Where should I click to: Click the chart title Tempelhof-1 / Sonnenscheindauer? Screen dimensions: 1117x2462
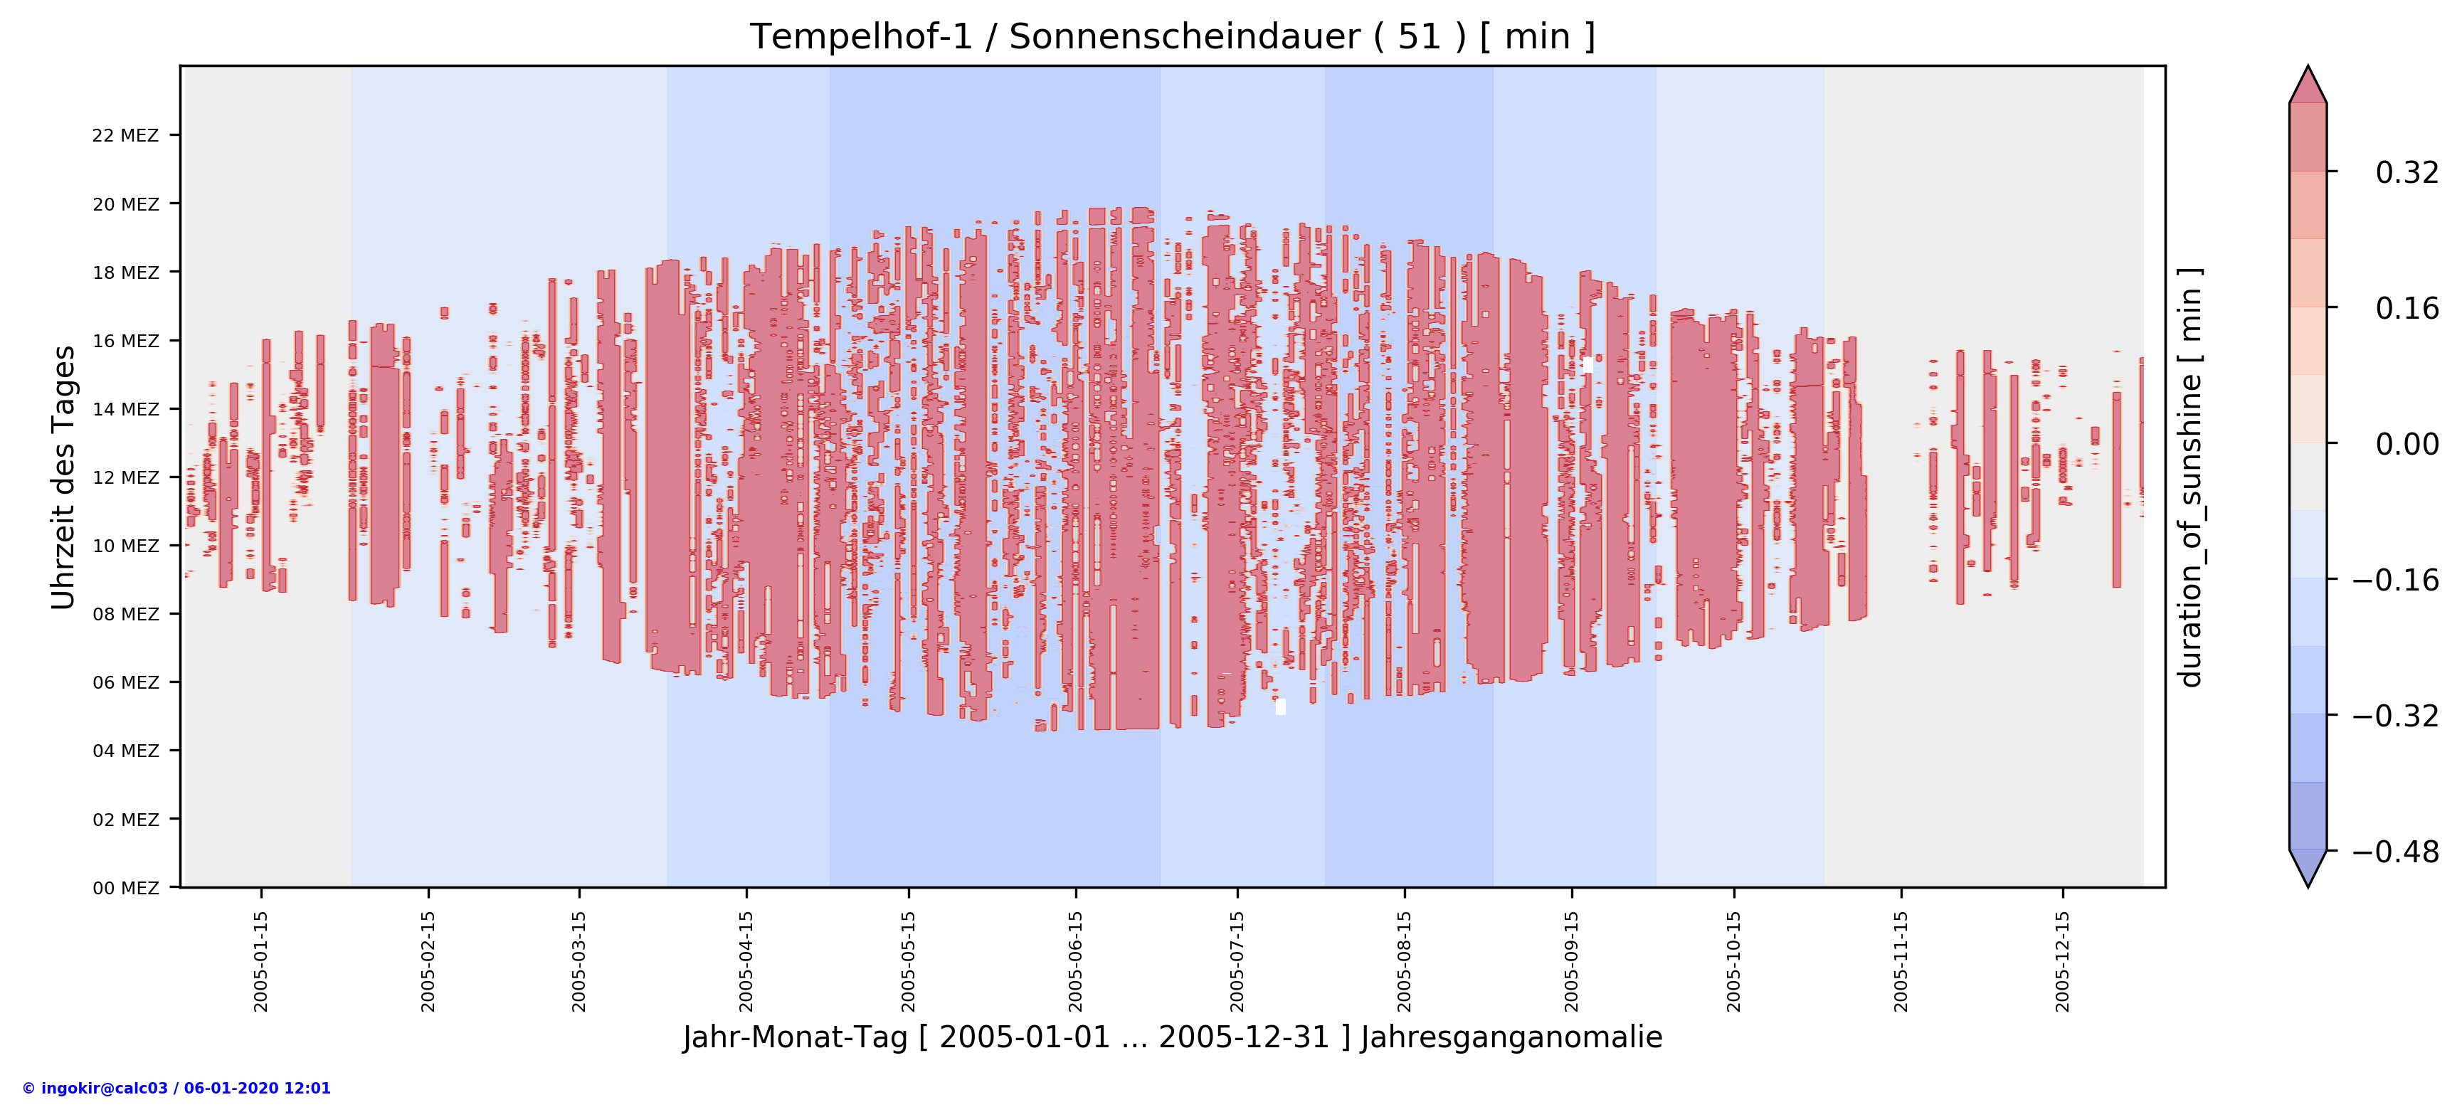1172,36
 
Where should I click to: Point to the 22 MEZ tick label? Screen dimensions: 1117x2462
125,136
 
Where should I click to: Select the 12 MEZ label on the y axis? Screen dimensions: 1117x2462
125,478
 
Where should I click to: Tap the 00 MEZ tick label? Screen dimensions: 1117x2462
125,888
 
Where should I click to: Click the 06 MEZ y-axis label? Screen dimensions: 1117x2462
125,682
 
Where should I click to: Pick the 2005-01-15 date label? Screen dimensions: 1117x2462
261,960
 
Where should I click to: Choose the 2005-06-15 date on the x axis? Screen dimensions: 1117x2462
1075,960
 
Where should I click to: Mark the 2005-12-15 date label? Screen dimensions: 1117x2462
2063,960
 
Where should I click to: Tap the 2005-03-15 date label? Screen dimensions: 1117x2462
578,960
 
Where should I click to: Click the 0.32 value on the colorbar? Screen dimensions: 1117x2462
2406,172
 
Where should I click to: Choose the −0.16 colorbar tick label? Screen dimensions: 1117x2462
2395,579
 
